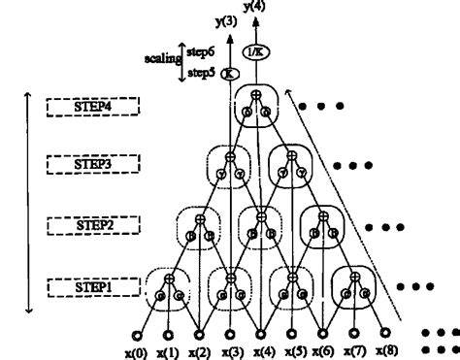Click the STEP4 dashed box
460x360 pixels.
(93, 106)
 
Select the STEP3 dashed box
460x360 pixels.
(93, 165)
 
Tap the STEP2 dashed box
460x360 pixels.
(93, 224)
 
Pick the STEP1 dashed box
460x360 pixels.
(93, 287)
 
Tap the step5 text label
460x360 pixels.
(201, 72)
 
